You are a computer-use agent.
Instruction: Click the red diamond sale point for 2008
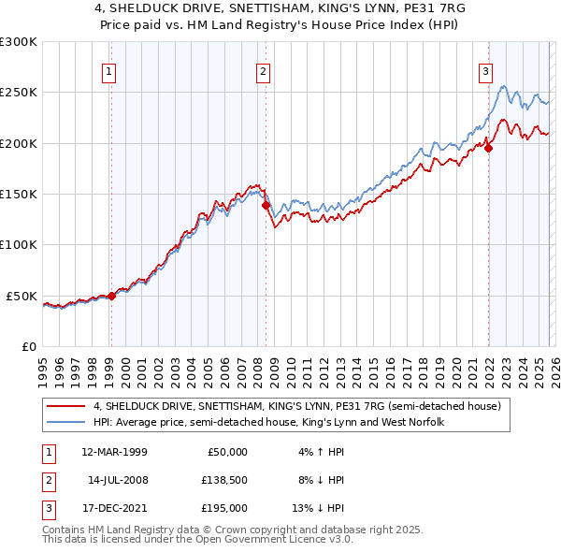click(266, 205)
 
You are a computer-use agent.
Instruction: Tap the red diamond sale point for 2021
click(488, 147)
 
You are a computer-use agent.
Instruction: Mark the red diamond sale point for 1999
click(111, 296)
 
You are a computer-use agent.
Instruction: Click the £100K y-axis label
click(19, 244)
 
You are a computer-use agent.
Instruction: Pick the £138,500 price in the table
click(223, 480)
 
